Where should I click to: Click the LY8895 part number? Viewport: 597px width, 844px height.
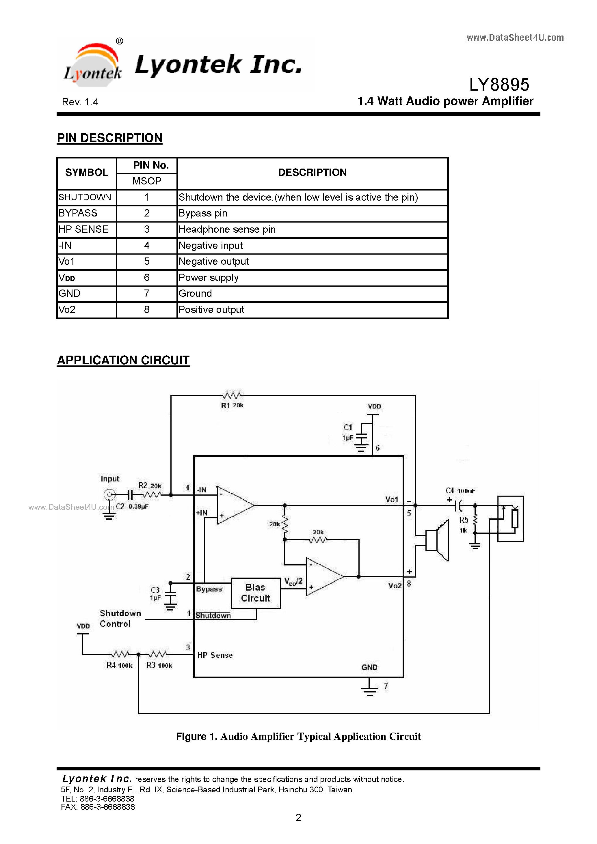(499, 85)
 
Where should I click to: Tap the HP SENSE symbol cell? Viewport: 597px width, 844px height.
(86, 229)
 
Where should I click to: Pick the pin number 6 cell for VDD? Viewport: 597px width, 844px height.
(146, 278)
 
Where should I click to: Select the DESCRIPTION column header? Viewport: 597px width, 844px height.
(312, 172)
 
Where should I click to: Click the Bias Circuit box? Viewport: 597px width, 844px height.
(255, 593)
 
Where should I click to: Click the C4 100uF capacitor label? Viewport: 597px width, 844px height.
(460, 491)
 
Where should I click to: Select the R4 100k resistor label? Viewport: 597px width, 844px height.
(119, 665)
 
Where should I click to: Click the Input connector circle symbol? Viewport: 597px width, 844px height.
(109, 495)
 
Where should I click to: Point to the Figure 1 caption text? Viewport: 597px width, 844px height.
(298, 736)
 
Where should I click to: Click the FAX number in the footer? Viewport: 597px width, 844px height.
(98, 807)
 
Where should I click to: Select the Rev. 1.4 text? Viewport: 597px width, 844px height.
(80, 102)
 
